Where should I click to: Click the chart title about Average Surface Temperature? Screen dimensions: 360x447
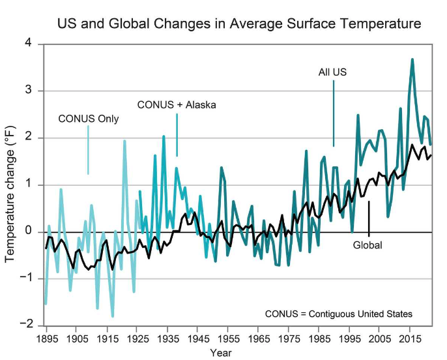(239, 24)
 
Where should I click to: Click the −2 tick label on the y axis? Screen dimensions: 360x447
(27, 325)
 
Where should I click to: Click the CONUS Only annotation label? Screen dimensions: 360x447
(89, 119)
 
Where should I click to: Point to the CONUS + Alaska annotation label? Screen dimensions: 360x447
(176, 104)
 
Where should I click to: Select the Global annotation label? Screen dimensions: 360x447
(368, 245)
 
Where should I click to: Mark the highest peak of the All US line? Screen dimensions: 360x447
(412, 59)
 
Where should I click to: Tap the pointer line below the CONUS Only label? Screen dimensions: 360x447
(88, 150)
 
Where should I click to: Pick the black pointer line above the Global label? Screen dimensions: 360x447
(369, 218)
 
